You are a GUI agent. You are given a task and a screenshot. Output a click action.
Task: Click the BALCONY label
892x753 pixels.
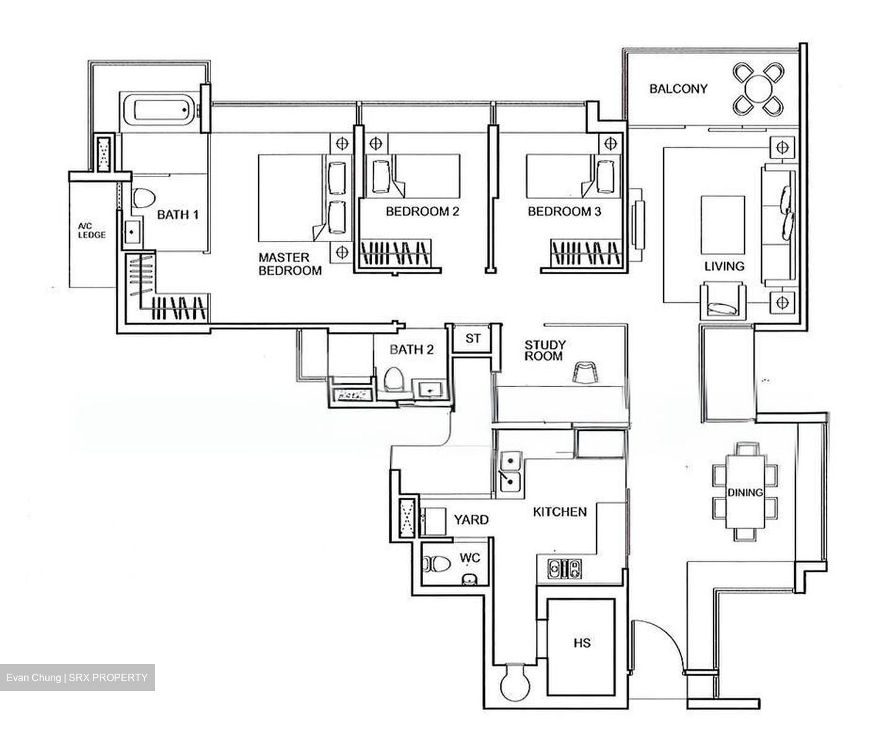(678, 89)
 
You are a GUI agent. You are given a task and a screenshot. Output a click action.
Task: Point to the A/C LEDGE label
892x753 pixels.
(91, 231)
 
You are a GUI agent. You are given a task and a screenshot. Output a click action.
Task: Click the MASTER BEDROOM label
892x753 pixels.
(290, 264)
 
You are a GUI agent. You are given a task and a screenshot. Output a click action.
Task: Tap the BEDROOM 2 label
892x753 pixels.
(422, 212)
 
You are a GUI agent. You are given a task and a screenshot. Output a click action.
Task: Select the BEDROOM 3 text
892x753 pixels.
(564, 212)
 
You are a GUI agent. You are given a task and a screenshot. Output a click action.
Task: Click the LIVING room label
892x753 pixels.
(724, 266)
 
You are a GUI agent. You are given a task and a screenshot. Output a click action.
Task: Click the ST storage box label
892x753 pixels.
(473, 339)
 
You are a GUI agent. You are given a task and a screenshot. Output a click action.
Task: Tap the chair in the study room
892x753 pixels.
(585, 373)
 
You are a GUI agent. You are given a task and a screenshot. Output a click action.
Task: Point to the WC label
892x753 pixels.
(470, 558)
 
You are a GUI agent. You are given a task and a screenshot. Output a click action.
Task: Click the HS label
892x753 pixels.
(582, 643)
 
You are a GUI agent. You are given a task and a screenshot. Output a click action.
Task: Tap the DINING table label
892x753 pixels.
(745, 493)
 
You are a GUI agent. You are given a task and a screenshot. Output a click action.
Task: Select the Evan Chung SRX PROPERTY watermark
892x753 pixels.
(77, 677)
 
